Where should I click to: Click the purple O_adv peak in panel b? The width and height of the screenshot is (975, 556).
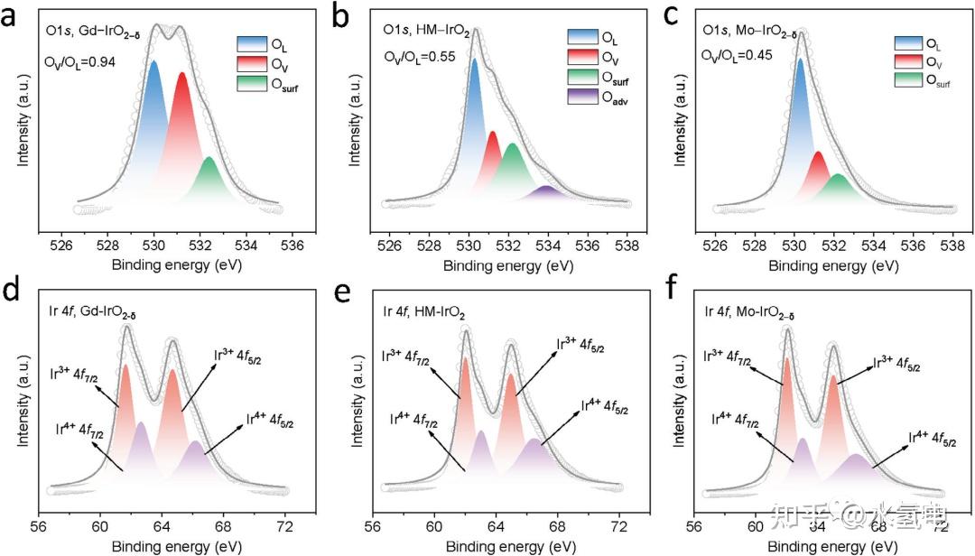tap(546, 192)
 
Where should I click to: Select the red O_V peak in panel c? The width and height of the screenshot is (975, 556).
tap(820, 171)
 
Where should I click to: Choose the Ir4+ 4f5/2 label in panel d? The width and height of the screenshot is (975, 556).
tap(270, 421)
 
